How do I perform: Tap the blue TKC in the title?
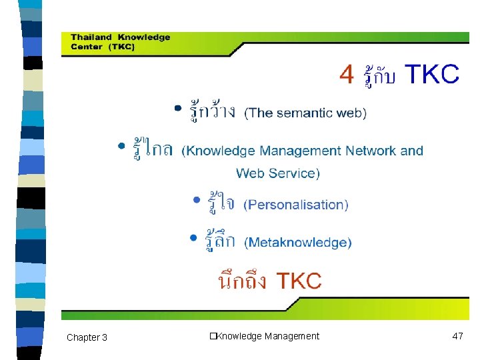point(432,75)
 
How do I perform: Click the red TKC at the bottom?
point(299,281)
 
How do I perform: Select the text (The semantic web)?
point(305,113)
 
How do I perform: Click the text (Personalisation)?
point(296,205)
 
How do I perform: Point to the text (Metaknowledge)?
point(298,243)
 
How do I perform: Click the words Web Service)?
point(278,173)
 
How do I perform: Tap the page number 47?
point(457,336)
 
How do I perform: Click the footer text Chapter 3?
point(87,337)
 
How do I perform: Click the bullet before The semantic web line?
point(178,107)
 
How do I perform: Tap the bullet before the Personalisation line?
point(197,199)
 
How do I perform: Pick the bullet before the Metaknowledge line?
point(193,237)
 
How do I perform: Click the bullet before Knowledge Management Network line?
point(121,145)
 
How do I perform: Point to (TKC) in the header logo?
point(122,47)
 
